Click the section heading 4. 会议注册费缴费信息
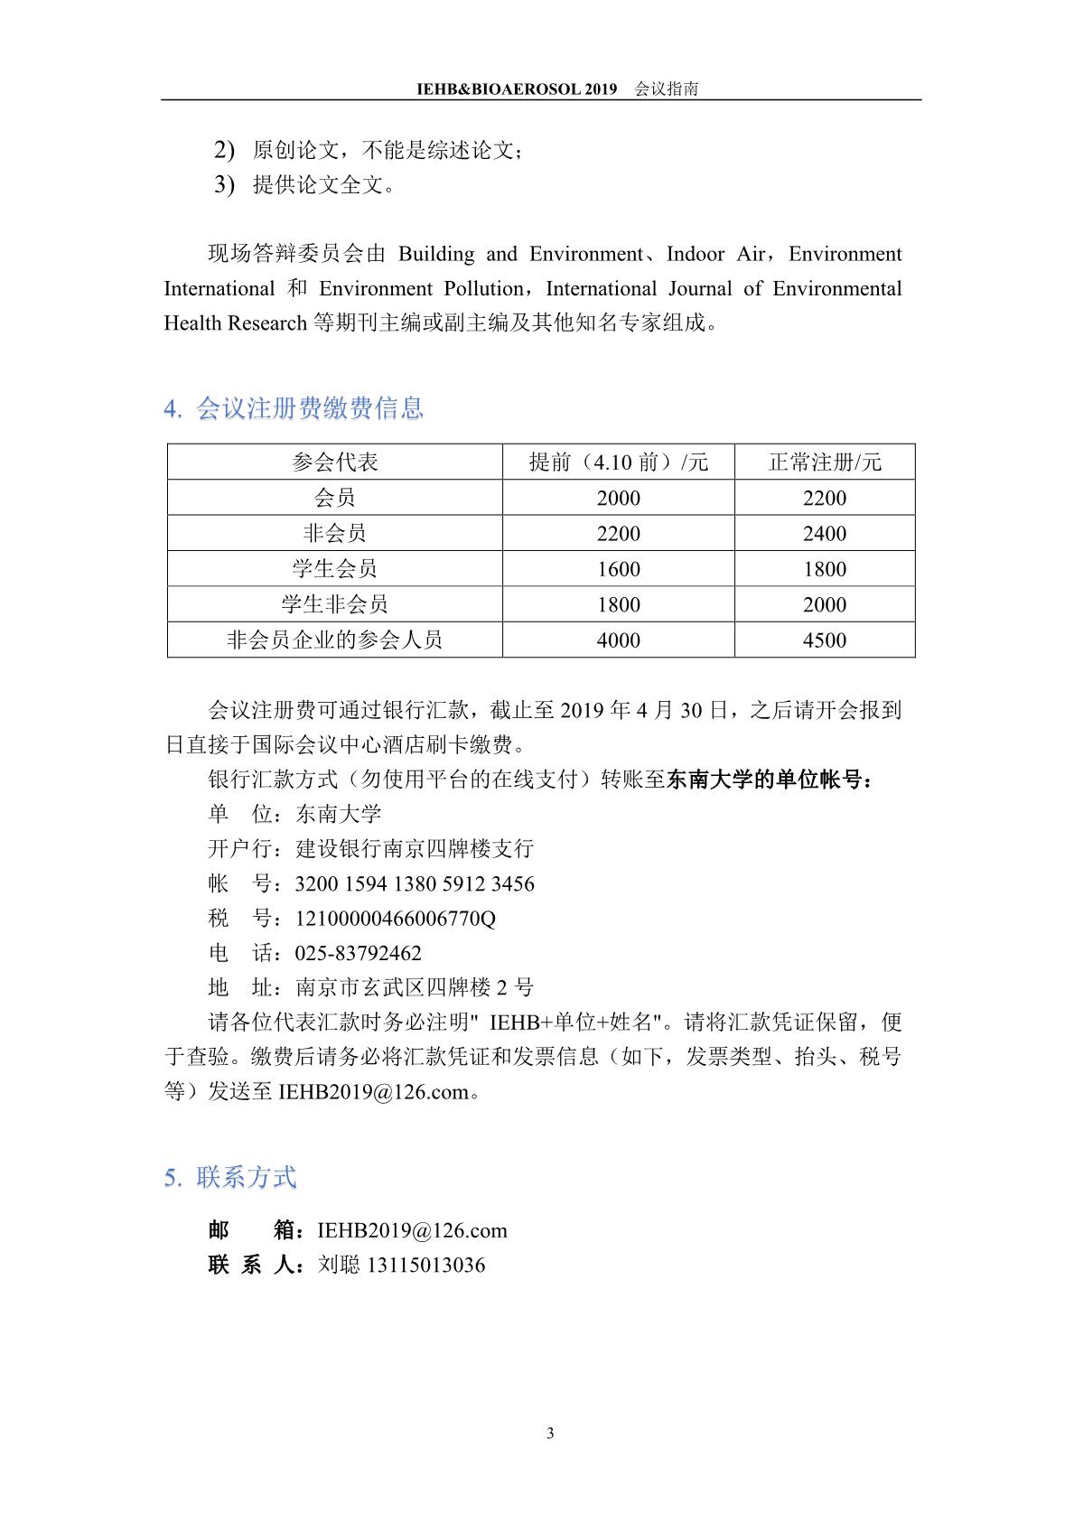(x=294, y=409)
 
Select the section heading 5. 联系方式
(x=230, y=1178)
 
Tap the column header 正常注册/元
(x=825, y=462)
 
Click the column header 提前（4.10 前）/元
(x=619, y=462)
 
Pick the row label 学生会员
(x=334, y=569)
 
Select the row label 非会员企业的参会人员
(x=334, y=640)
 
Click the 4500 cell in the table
(x=825, y=640)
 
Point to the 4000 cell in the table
(x=619, y=640)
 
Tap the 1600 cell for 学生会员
(x=619, y=569)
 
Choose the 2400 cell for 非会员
(x=825, y=534)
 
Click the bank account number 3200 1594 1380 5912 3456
(x=415, y=884)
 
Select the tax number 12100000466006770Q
(x=396, y=920)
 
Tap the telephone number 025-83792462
(x=359, y=954)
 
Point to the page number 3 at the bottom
(x=551, y=1434)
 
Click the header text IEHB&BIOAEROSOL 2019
(x=517, y=89)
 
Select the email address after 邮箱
(x=413, y=1231)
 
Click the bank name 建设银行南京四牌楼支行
(x=415, y=849)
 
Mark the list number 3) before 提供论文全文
(x=224, y=185)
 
